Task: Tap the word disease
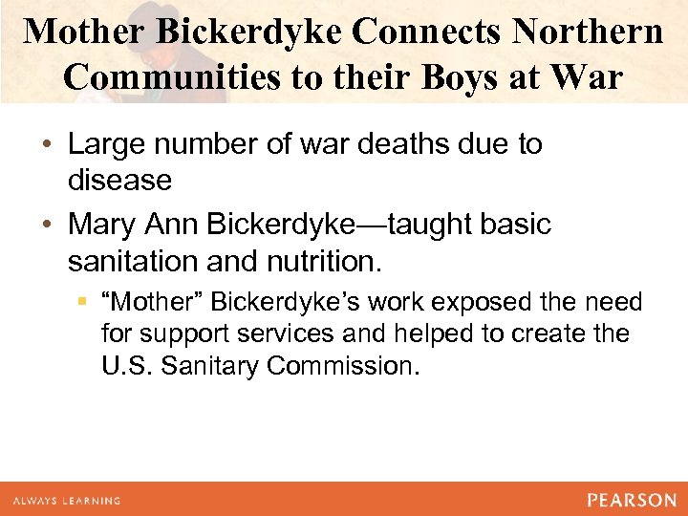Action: (x=120, y=181)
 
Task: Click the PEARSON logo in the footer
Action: (x=631, y=500)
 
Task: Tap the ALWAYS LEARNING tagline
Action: (x=67, y=501)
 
